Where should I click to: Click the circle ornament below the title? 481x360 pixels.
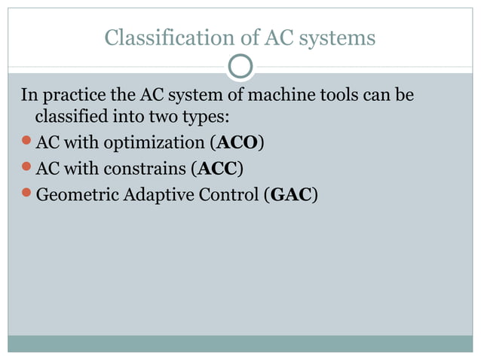coord(240,67)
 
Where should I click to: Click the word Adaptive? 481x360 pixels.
coord(154,194)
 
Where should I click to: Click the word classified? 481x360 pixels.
coord(70,118)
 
